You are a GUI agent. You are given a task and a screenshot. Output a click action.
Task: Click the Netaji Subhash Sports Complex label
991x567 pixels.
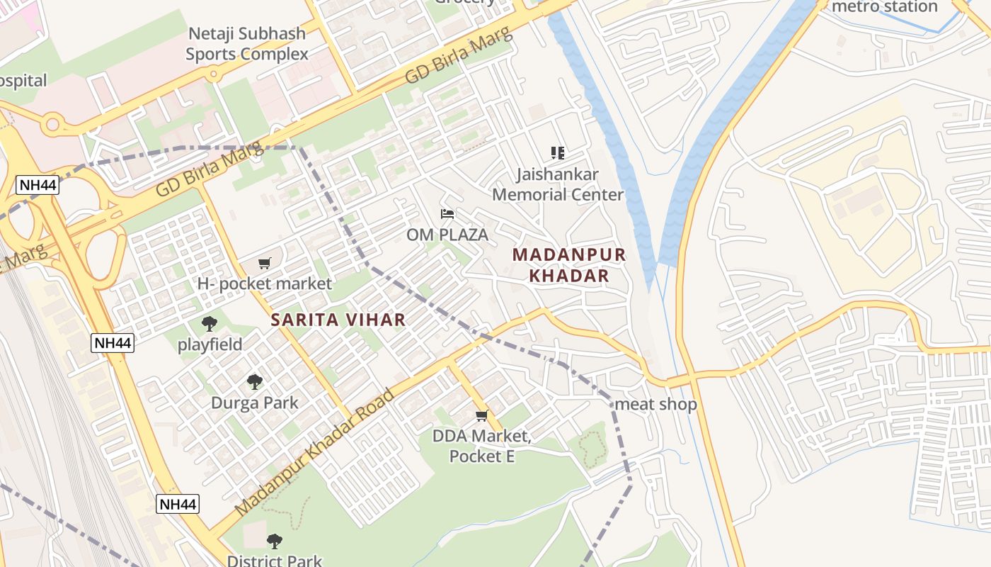click(246, 43)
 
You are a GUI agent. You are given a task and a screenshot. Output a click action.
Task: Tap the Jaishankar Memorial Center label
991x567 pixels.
click(558, 184)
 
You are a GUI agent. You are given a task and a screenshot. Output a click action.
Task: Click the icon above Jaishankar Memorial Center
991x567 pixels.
click(558, 152)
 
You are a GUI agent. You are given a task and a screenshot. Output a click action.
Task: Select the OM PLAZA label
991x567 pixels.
click(447, 234)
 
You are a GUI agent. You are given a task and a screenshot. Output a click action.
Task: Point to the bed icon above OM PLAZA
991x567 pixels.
click(447, 213)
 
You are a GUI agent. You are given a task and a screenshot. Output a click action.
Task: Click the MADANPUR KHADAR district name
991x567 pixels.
click(569, 265)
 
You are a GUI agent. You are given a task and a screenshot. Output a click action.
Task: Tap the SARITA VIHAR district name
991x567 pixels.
click(338, 320)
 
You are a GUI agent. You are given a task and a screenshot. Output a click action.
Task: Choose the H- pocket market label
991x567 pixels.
click(264, 283)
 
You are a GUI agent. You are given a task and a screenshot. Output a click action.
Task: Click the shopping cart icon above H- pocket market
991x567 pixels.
click(265, 263)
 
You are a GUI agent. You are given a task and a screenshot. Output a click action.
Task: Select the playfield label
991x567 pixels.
click(210, 344)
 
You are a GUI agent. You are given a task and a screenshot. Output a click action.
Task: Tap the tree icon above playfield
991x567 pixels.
click(210, 324)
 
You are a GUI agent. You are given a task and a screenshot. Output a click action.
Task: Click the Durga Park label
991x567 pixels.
click(254, 403)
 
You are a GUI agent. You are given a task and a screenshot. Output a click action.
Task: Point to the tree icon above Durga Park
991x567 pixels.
click(255, 382)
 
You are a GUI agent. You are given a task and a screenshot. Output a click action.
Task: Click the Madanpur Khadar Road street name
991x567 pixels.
click(314, 452)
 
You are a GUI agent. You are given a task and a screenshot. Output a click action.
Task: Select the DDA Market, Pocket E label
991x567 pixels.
click(482, 446)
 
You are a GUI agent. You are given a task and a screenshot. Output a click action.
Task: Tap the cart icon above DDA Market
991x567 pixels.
click(482, 415)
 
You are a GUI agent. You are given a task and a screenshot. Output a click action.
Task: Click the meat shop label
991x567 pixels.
click(655, 404)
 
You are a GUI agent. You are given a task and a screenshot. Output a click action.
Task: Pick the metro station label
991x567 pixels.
click(884, 6)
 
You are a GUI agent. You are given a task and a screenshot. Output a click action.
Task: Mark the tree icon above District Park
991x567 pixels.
click(275, 541)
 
